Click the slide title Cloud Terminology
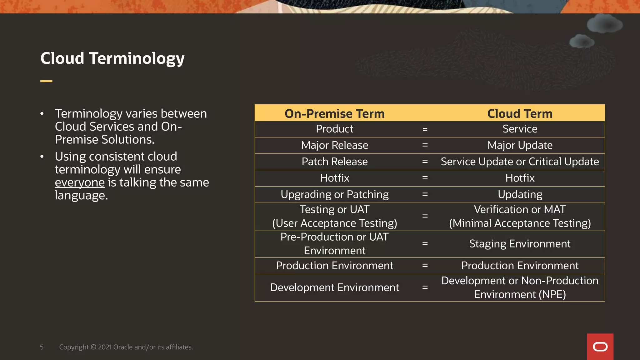(x=112, y=58)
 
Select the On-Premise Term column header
(x=334, y=113)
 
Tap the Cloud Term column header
(x=520, y=113)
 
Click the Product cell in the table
(x=334, y=129)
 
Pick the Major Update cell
(x=520, y=145)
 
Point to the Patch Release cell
(x=334, y=162)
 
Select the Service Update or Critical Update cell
(x=520, y=162)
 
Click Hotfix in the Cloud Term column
(x=520, y=178)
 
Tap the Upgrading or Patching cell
(x=334, y=194)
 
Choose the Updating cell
(x=520, y=194)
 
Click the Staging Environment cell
(x=520, y=244)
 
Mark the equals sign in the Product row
(x=425, y=129)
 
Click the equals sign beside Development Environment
(x=425, y=287)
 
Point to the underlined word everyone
(x=80, y=182)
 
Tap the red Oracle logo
(x=600, y=347)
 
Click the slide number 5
(x=42, y=347)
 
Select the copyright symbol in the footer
(x=93, y=347)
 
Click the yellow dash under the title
(x=46, y=81)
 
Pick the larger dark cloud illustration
(x=604, y=24)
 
